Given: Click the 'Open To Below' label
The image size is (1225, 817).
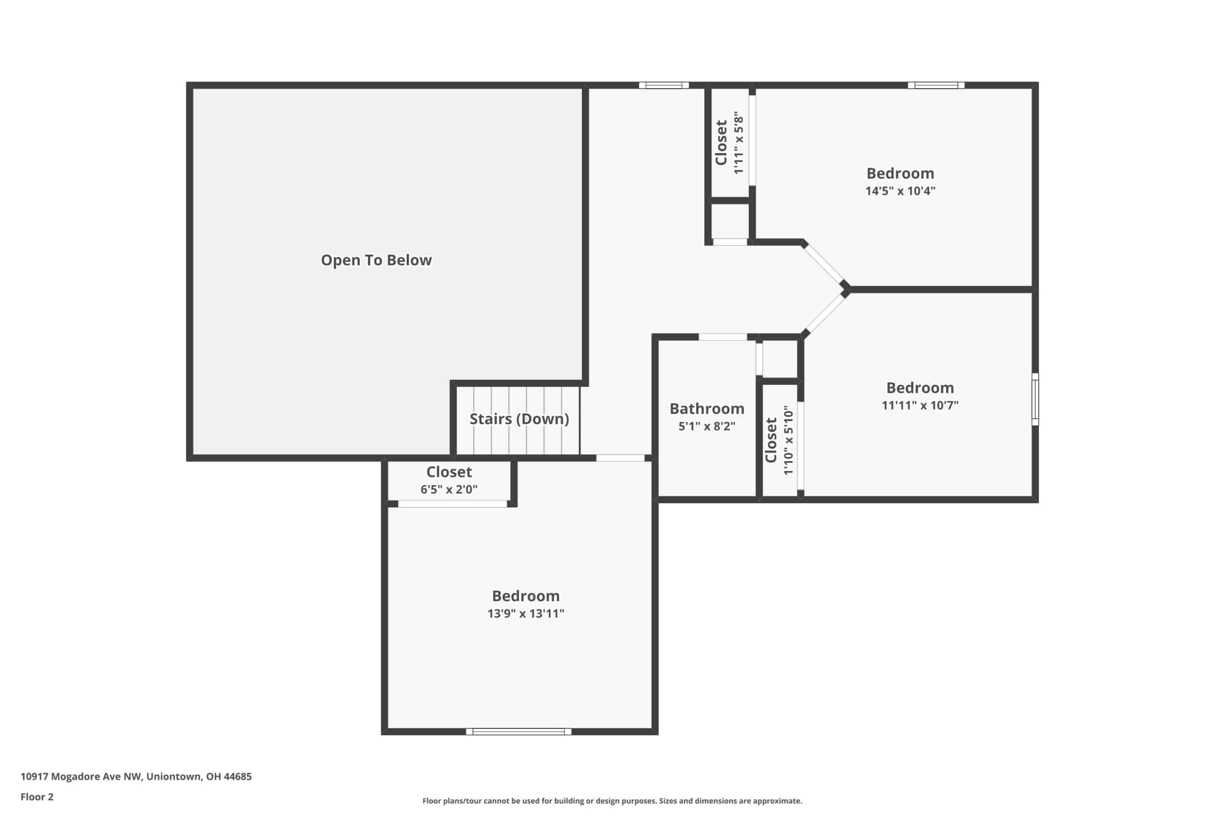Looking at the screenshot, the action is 376,260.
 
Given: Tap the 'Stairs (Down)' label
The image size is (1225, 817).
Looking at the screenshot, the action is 519,419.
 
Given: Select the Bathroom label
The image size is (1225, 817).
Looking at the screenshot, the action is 707,409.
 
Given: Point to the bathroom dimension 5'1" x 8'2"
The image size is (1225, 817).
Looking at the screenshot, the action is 707,426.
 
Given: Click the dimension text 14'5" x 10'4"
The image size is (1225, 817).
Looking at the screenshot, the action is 900,190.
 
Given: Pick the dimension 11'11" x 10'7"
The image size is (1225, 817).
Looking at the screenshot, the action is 920,405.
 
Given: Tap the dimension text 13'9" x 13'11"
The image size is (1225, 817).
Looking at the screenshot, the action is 525,613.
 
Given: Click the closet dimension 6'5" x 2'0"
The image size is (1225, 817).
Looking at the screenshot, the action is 449,489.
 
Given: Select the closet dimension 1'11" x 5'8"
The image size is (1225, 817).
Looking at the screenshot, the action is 738,143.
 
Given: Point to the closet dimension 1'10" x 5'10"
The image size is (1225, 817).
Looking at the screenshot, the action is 788,441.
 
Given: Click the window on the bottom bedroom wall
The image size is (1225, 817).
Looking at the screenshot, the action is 518,731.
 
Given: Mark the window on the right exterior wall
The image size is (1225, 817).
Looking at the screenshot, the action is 1036,399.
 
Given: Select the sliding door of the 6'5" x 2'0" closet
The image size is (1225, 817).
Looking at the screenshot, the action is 453,504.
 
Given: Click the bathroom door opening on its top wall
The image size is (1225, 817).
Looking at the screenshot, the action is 723,337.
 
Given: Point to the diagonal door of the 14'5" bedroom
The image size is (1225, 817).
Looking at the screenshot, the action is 824,264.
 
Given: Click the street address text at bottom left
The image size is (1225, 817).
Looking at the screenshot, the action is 136,776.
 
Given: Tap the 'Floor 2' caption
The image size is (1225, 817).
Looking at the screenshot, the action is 37,797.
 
